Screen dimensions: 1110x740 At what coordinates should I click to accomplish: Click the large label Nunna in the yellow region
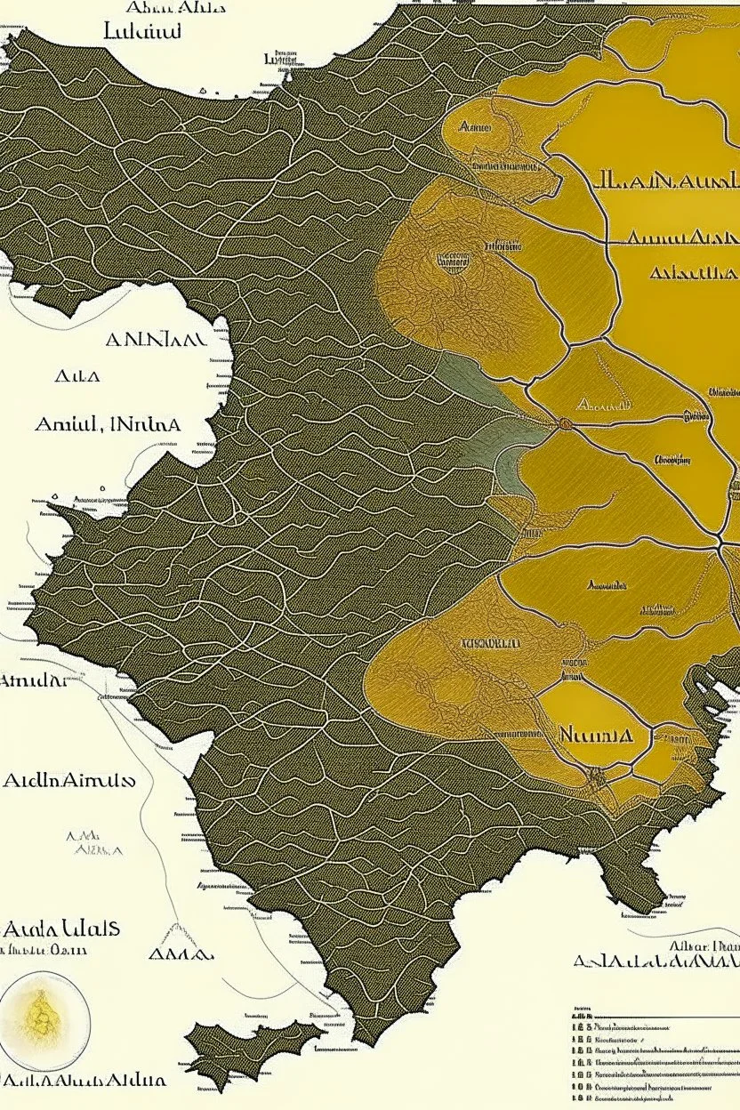point(596,736)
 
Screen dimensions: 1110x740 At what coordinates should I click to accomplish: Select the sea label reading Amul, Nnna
point(108,424)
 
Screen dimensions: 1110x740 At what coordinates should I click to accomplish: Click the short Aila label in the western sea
point(77,376)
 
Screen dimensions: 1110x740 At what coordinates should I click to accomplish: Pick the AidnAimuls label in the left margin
point(68,781)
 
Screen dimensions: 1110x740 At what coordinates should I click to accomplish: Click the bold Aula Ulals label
point(62,929)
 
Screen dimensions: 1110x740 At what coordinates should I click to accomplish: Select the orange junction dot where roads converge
point(564,424)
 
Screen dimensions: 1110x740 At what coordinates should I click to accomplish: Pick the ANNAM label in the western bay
point(156,340)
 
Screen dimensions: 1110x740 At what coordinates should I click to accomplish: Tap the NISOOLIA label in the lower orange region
point(492,642)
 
